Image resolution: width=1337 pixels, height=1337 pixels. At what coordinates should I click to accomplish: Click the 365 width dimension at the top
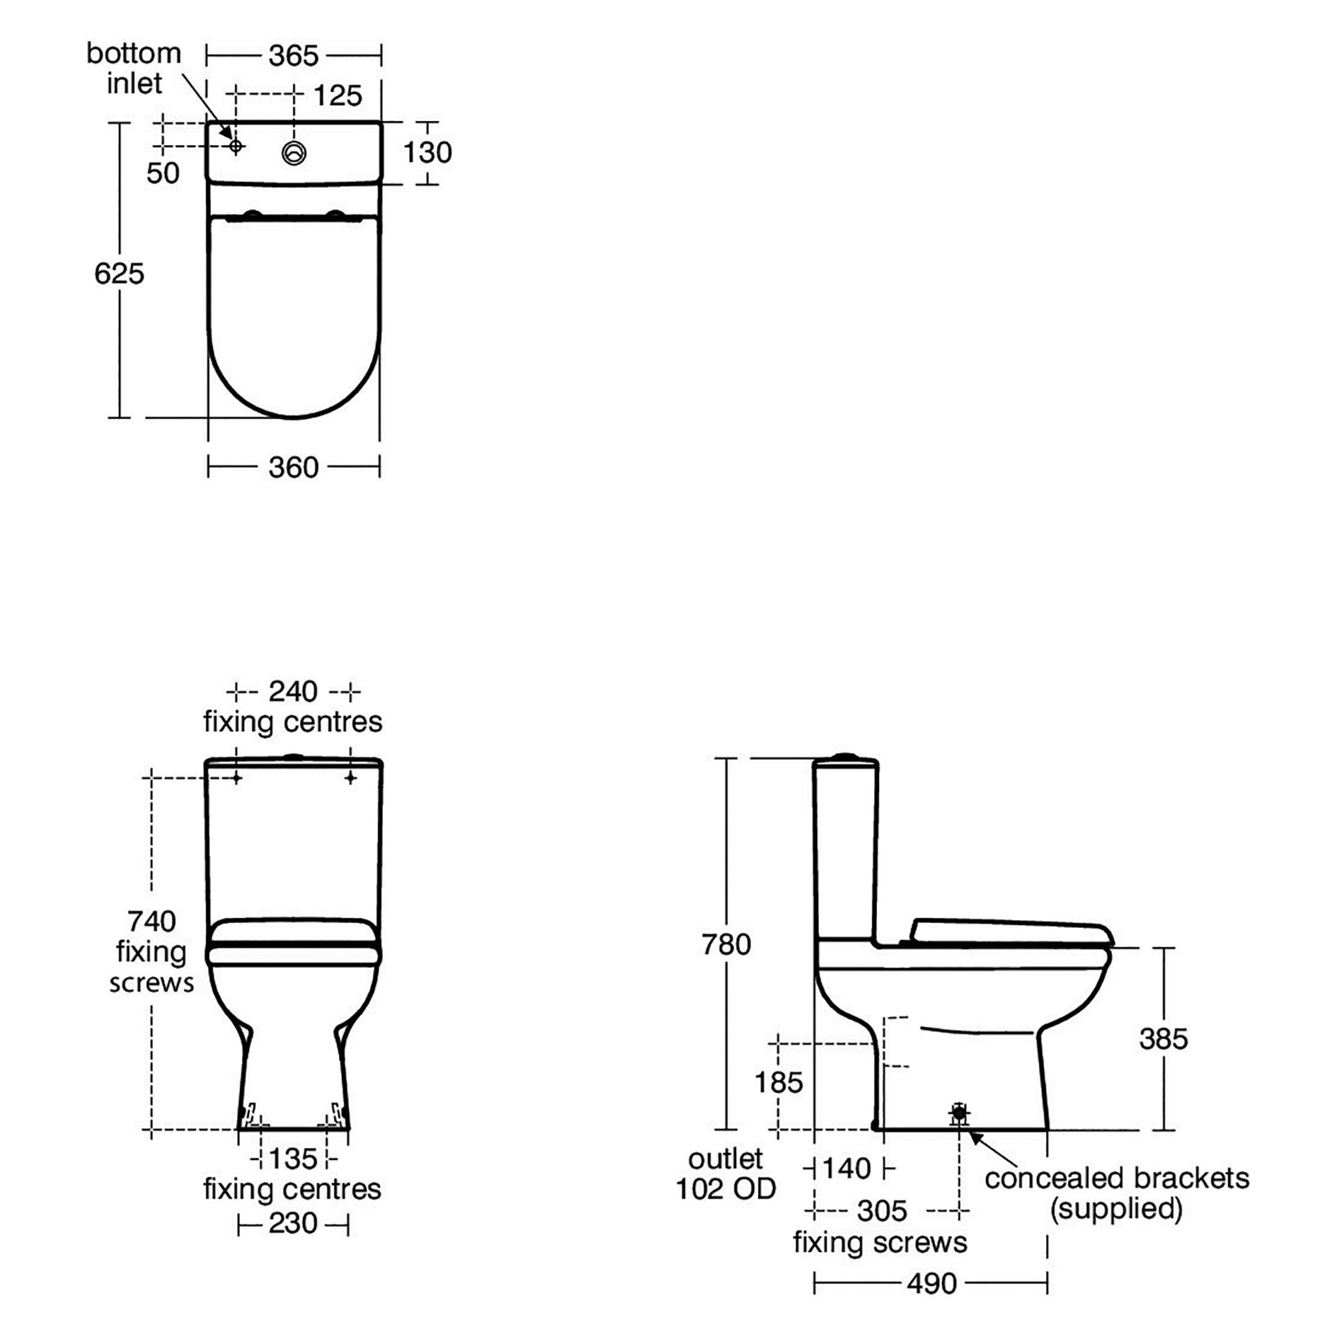[x=293, y=56]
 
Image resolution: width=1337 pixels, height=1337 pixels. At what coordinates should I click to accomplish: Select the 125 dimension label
[x=338, y=96]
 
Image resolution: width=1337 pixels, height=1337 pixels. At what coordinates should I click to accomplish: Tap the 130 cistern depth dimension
[x=427, y=152]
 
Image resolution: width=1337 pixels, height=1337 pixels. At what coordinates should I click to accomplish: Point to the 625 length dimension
[x=119, y=274]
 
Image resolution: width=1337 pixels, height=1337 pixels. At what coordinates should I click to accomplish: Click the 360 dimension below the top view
[x=293, y=468]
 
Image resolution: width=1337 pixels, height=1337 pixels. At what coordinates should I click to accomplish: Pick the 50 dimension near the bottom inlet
[x=162, y=173]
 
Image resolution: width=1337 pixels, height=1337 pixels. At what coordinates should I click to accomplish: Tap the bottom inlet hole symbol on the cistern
[x=236, y=146]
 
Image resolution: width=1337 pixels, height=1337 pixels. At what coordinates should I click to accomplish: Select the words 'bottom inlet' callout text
[x=134, y=68]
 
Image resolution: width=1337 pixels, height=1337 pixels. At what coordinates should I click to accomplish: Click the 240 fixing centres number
[x=293, y=691]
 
